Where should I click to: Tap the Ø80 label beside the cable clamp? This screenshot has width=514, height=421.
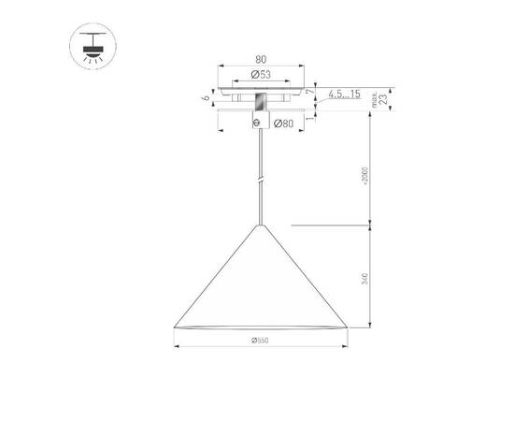284,123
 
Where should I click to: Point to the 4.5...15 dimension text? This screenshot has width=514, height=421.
345,94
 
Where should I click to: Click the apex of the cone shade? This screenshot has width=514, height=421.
259,225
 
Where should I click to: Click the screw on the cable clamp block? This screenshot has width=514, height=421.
259,122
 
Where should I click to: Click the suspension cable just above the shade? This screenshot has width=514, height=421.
259,210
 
